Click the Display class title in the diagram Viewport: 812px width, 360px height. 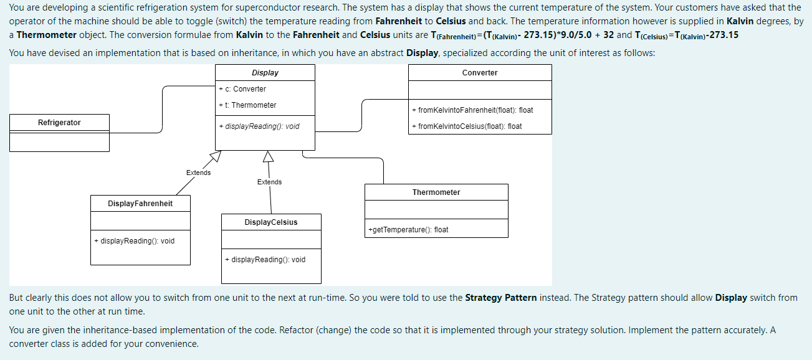265,73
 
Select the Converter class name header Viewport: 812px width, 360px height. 480,73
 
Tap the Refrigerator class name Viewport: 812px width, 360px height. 59,123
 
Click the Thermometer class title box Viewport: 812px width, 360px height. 436,192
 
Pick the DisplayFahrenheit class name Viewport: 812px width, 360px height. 140,204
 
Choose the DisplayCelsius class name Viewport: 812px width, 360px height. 271,222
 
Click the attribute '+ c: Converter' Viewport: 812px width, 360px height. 242,89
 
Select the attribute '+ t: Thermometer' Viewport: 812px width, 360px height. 247,105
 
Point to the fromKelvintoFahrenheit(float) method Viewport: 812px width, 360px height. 472,110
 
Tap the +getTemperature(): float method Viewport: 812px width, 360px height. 408,230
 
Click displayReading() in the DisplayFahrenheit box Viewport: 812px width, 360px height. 134,241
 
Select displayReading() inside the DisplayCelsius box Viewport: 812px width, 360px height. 265,260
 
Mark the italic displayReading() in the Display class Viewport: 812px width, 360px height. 259,126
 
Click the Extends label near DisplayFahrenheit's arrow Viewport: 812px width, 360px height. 198,173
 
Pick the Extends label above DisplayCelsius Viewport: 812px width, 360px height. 269,182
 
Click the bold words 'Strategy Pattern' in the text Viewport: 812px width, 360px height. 501,298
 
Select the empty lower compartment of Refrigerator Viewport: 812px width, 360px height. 59,142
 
